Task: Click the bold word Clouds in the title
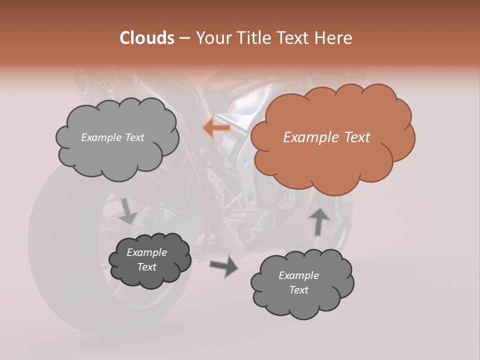(x=147, y=38)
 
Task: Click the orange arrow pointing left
(x=216, y=128)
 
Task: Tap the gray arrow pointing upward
(x=319, y=222)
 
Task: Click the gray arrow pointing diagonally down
(x=128, y=210)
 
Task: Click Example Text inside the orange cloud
(x=326, y=137)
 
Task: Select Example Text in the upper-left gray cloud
(x=112, y=137)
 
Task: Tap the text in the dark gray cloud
(x=146, y=259)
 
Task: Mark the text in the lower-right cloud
(x=298, y=282)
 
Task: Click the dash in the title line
(x=184, y=38)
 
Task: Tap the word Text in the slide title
(x=294, y=38)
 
